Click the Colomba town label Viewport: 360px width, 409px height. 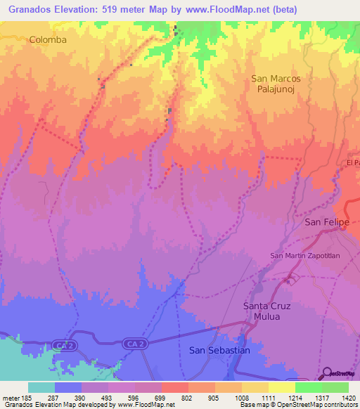pyautogui.click(x=48, y=40)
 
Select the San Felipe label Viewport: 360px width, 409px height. pyautogui.click(x=326, y=222)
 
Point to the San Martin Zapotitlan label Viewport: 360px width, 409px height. pyautogui.click(x=305, y=256)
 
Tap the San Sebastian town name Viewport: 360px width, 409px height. pyautogui.click(x=220, y=350)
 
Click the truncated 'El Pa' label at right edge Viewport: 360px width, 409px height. pyautogui.click(x=353, y=163)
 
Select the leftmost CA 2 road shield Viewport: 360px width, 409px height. pyautogui.click(x=62, y=344)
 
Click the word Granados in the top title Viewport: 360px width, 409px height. pyautogui.click(x=30, y=9)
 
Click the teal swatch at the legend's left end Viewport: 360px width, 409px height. pyautogui.click(x=41, y=387)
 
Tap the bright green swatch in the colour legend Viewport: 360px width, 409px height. pyautogui.click(x=308, y=387)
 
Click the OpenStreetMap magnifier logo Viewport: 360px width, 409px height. pyautogui.click(x=326, y=372)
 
